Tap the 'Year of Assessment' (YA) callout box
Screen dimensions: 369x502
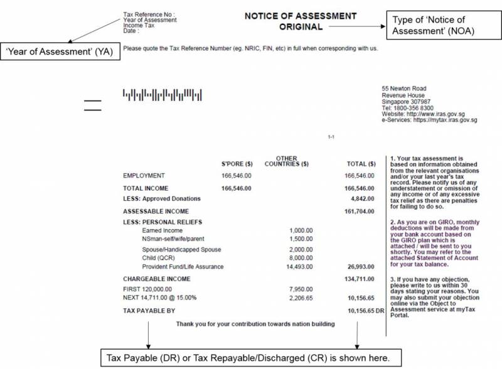coord(61,51)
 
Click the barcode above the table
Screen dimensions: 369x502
coord(162,95)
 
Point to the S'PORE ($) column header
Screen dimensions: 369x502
coord(237,164)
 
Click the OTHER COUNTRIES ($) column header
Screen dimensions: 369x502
coord(286,161)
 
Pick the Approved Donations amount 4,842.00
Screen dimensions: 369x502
coord(362,198)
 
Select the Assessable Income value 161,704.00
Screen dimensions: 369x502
coord(360,211)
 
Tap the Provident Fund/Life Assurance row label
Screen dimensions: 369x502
coord(183,267)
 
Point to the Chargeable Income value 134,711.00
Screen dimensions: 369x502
coord(360,279)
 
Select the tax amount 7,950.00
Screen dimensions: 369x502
coord(301,289)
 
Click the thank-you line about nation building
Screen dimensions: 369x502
coord(255,324)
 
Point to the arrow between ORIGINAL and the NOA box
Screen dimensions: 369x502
coord(355,27)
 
